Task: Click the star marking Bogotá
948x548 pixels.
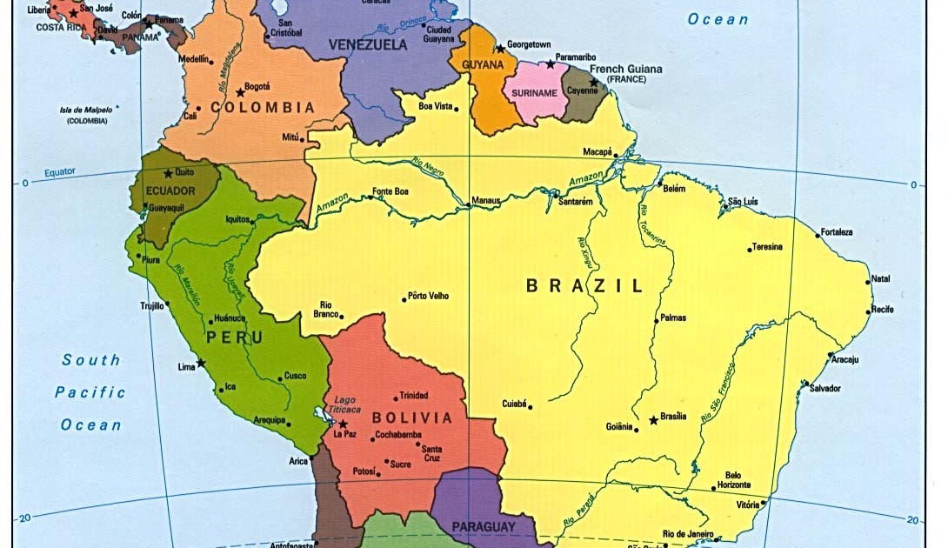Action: [240, 92]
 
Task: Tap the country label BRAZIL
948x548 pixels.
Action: [584, 285]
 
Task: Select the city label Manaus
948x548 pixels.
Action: [485, 200]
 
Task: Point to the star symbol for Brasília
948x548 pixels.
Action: [653, 421]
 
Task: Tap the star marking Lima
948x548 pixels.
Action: [201, 363]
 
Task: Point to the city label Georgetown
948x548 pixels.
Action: [529, 43]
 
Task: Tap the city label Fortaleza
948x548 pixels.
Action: [838, 232]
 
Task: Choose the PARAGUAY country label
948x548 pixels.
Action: [484, 526]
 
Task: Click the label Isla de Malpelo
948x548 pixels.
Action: [88, 110]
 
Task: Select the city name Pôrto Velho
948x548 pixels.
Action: [428, 296]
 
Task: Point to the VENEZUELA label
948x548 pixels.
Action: [368, 43]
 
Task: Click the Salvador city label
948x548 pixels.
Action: [825, 388]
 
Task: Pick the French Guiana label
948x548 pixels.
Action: [625, 69]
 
